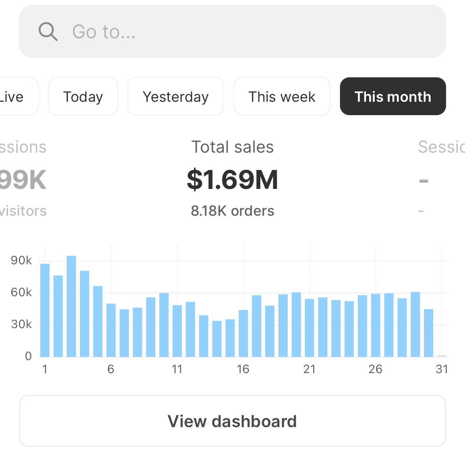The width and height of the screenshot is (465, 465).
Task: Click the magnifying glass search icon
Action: point(48,32)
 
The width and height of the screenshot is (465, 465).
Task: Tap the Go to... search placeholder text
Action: point(104,32)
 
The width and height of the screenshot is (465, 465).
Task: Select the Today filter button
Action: point(83,97)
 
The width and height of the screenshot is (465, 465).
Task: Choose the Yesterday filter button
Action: point(176,97)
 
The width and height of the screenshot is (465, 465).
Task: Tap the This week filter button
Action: point(282,97)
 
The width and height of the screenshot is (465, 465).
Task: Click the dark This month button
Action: point(393,97)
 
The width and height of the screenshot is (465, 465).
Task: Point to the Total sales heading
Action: point(232,147)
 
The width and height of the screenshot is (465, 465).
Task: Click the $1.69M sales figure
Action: point(232,179)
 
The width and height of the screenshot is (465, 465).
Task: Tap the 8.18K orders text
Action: point(232,211)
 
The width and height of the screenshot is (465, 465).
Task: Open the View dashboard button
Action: point(232,421)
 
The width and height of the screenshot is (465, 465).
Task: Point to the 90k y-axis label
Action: point(21,260)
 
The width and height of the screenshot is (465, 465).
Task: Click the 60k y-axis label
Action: point(21,292)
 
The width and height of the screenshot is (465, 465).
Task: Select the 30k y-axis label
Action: point(21,324)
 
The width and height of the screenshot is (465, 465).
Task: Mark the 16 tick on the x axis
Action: point(243,369)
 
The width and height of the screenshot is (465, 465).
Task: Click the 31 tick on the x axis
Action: point(442,369)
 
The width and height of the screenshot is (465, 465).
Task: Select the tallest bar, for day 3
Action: point(71,306)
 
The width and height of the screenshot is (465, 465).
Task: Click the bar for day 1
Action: point(45,310)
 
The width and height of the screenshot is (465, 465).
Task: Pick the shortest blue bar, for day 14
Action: point(217,339)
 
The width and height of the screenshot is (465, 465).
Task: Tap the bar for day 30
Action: point(429,333)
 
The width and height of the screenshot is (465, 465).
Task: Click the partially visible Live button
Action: point(16,97)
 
